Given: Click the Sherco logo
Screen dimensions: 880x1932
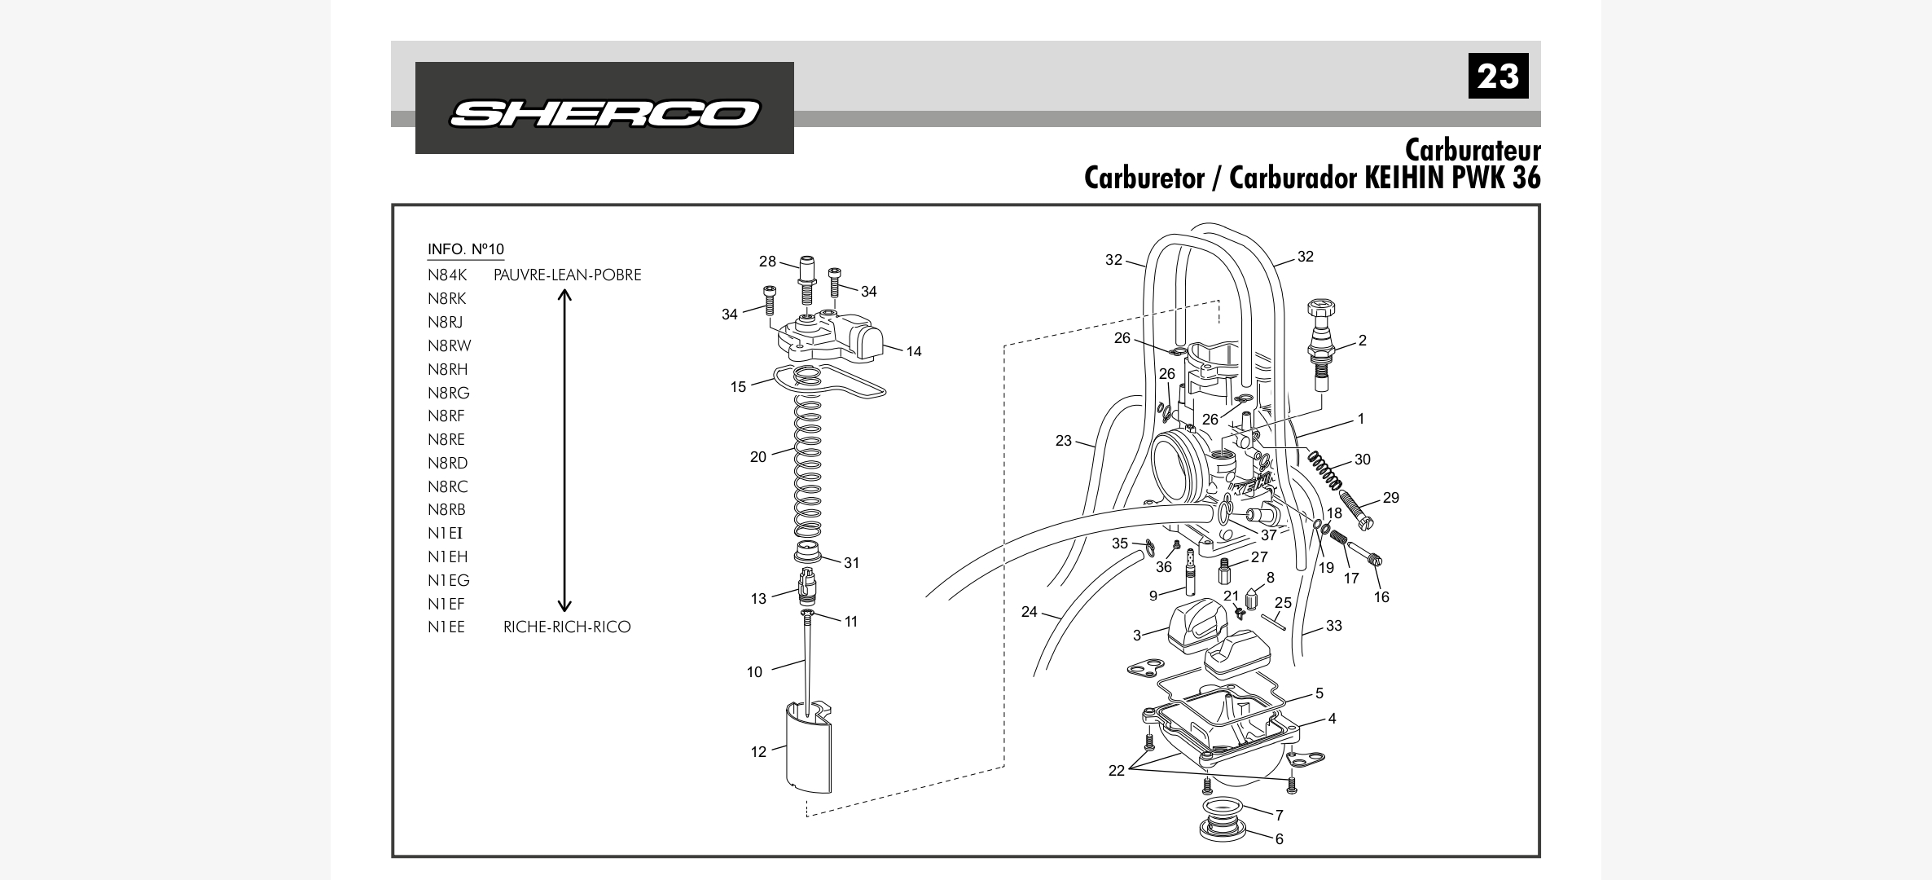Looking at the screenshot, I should point(604,113).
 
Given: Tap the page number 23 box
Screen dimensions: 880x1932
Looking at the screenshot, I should point(1498,76).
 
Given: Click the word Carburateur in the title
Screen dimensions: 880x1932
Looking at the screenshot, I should point(1472,151).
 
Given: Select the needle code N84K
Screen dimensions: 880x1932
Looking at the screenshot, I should point(447,275).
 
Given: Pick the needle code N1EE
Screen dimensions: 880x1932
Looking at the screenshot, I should point(446,627).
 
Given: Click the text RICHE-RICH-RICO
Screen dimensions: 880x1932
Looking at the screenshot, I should point(567,627).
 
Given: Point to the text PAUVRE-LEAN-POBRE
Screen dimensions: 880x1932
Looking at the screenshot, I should point(567,275).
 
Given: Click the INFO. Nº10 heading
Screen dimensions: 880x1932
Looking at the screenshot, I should point(466,249).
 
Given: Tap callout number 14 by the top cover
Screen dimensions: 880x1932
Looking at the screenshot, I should point(914,352).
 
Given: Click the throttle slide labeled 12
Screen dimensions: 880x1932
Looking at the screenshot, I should point(808,750).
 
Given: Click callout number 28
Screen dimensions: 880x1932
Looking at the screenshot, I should point(767,262).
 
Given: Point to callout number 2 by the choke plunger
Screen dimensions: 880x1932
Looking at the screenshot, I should point(1363,341).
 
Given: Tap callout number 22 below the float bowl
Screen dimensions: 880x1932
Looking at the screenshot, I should point(1116,771).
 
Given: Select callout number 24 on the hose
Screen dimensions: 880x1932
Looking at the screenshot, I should point(1030,612).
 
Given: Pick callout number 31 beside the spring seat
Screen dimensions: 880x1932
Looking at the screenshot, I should point(851,563).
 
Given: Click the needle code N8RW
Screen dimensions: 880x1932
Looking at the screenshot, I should point(450,346).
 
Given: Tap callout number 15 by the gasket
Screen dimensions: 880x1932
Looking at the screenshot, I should point(738,387).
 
